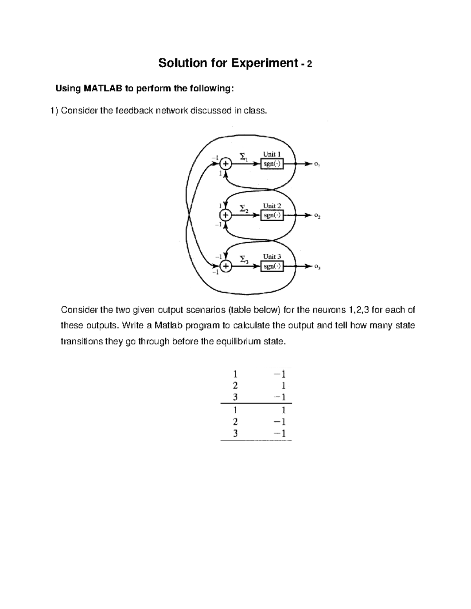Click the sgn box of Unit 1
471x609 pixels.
[x=272, y=164]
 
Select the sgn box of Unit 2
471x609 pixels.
[x=272, y=215]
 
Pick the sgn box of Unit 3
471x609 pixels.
[x=272, y=267]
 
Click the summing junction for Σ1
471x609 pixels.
[x=225, y=164]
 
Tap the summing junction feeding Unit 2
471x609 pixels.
[x=225, y=215]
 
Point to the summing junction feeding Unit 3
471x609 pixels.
[x=225, y=267]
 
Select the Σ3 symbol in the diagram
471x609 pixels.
[x=244, y=259]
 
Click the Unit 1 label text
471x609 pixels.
[x=272, y=155]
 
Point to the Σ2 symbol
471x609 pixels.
[x=244, y=208]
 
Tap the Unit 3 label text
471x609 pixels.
[x=272, y=257]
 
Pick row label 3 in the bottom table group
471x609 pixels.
[x=235, y=433]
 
